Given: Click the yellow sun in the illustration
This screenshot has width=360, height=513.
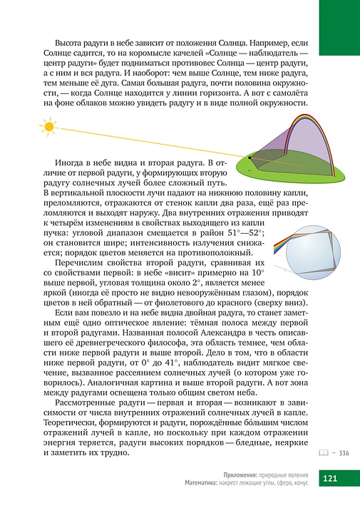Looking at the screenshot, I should tap(48, 128).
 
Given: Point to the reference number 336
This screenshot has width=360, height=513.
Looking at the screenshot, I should tap(343, 453).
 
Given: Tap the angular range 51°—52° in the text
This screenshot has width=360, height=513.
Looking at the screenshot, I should tap(242, 233).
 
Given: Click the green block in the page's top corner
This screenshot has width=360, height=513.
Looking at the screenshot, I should tap(339, 28).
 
